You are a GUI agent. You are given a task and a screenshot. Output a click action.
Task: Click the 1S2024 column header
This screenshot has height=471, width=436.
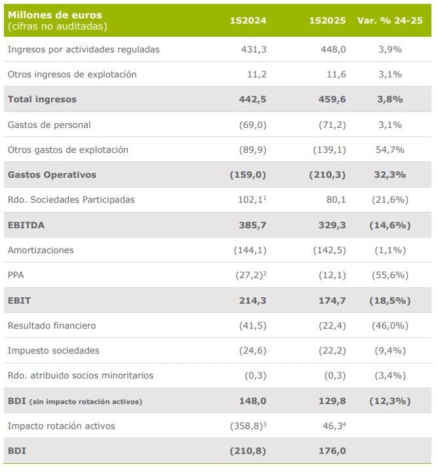[x=248, y=20]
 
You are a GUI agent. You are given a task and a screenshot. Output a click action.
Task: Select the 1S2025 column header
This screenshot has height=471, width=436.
[x=327, y=20]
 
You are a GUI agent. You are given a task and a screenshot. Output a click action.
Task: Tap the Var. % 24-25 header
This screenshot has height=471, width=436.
[x=389, y=20]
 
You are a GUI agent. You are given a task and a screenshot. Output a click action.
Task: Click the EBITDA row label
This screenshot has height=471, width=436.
[x=26, y=225]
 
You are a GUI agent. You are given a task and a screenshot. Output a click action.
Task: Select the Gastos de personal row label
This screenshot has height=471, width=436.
[x=49, y=125]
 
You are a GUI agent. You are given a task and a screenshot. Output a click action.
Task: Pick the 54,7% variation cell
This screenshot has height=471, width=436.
[x=391, y=150]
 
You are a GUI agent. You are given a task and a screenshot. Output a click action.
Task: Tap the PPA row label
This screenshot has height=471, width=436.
[x=16, y=275]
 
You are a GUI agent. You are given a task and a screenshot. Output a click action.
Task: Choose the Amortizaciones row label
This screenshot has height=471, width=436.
[x=41, y=250]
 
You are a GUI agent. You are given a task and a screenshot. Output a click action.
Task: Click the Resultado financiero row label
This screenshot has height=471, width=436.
[x=52, y=325]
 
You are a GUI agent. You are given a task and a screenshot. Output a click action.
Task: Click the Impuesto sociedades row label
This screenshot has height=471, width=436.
[x=54, y=350]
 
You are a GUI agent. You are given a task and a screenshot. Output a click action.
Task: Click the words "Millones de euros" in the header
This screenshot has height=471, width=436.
[x=55, y=15]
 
